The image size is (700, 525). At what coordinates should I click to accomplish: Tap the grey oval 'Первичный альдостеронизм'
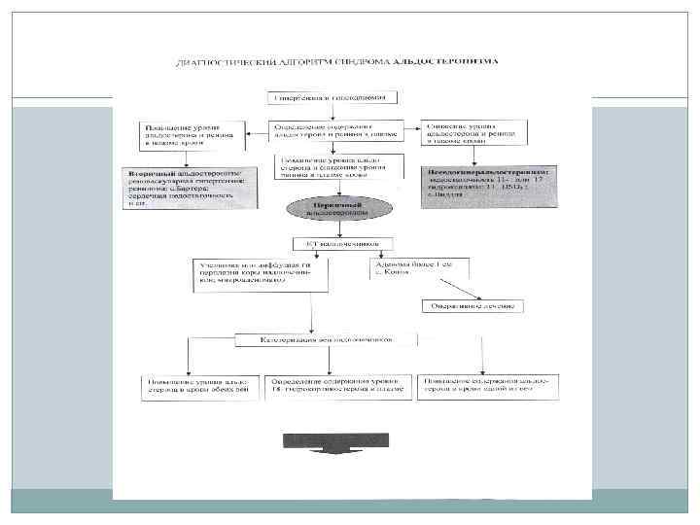tap(333, 209)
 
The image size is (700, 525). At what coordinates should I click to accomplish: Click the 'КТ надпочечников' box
tap(333, 243)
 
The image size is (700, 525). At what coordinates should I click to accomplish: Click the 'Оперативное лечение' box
tap(473, 306)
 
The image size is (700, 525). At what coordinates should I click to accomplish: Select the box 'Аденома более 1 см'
tap(413, 268)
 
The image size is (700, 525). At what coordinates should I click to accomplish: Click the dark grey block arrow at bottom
tap(333, 442)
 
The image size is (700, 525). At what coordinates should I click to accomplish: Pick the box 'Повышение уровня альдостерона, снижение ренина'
tap(333, 169)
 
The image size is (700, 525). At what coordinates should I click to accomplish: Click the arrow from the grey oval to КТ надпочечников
tap(333, 229)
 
